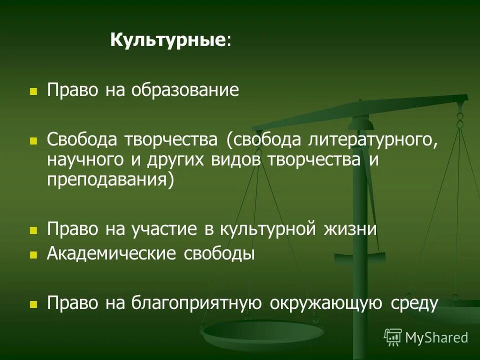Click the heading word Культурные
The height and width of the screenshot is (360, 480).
pos(166,39)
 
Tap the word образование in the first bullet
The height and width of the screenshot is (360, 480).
pos(185,90)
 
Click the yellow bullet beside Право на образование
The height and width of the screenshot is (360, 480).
pos(33,92)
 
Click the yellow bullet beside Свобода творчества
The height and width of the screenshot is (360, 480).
pos(33,141)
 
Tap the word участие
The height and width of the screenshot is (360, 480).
pos(166,229)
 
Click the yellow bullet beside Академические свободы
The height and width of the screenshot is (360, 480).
pos(33,255)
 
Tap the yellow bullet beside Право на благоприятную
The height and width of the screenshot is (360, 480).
pos(33,304)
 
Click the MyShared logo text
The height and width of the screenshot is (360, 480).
pos(436,337)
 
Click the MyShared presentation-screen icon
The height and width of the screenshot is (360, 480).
pos(393,337)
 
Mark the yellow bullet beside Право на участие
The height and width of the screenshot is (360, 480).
pos(33,231)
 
